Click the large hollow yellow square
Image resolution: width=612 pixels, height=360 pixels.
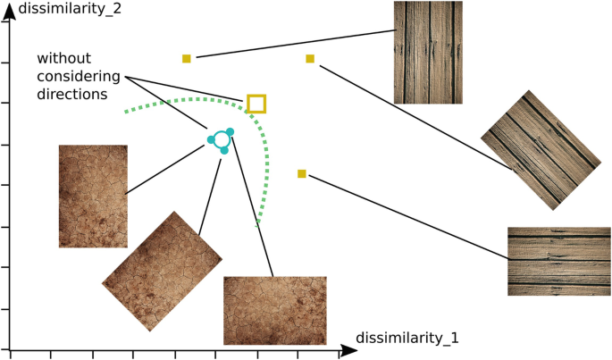(256, 104)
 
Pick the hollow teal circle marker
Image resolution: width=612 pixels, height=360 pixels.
(220, 140)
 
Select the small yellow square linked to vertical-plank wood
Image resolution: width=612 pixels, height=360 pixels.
(187, 59)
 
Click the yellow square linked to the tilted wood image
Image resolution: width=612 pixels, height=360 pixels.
(310, 59)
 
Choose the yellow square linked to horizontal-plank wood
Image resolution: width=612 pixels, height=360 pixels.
(302, 173)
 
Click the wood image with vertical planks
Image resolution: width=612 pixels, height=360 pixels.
(426, 52)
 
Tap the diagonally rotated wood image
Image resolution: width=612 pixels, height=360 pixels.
(539, 149)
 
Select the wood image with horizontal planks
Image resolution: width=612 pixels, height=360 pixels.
(558, 261)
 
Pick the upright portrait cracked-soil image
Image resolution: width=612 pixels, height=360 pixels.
(93, 196)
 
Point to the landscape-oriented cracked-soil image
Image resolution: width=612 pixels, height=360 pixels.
(274, 310)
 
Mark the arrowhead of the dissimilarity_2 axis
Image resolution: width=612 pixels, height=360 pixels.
(9, 12)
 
